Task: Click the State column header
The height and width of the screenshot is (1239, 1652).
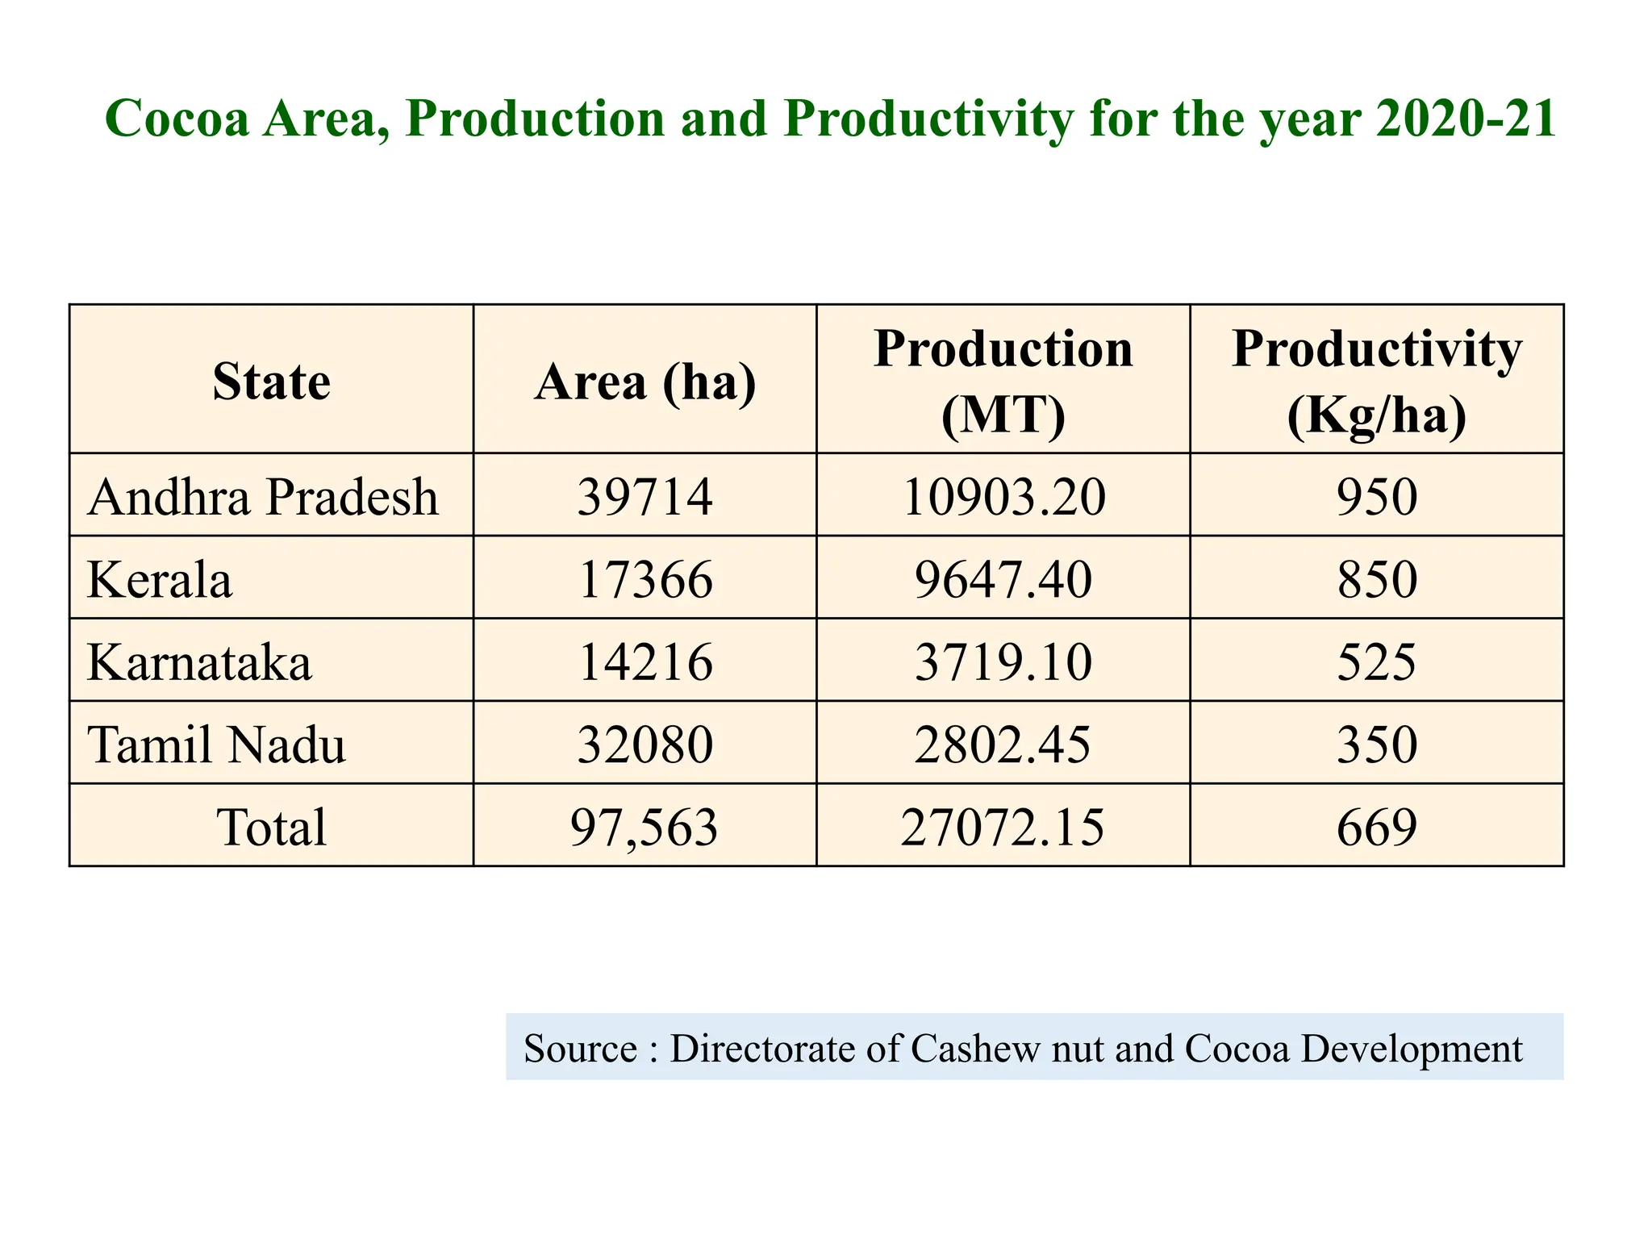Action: pos(271,381)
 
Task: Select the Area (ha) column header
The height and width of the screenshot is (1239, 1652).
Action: pos(645,381)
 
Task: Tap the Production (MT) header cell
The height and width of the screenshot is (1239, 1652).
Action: pos(1003,381)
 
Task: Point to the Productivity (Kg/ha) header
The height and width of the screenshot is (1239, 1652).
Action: pos(1376,381)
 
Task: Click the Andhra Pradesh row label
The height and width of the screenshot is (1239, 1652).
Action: pos(263,496)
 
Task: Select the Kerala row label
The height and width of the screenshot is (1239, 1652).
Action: pos(160,579)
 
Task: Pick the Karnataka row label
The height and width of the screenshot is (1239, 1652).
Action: pos(199,662)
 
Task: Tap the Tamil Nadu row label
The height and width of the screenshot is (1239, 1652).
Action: pos(216,744)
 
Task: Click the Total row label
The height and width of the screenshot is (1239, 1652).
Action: pos(271,827)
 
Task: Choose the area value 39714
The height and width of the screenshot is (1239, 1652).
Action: pos(645,496)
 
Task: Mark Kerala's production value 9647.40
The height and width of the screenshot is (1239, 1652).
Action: pos(1003,579)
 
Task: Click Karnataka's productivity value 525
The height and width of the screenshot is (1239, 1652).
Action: pos(1376,662)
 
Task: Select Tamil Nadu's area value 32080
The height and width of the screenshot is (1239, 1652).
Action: pos(645,744)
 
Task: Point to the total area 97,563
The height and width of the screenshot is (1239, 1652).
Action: pos(644,827)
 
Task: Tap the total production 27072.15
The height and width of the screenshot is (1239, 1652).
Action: pos(1002,827)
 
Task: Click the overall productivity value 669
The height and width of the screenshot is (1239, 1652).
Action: pos(1376,827)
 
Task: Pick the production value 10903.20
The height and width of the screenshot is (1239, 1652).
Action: pos(1003,496)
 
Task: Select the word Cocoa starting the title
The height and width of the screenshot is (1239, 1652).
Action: pos(177,119)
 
